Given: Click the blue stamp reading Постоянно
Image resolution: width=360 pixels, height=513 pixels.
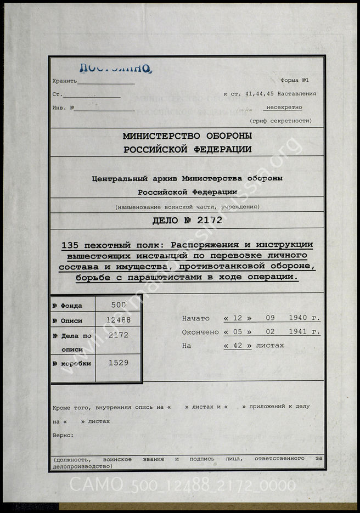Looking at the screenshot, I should [x=115, y=68].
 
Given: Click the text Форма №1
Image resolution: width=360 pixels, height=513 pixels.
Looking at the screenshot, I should [x=298, y=80].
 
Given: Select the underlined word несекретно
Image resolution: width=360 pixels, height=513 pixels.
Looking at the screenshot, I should [x=283, y=108].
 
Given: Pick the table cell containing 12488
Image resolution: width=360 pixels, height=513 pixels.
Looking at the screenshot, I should [x=119, y=320].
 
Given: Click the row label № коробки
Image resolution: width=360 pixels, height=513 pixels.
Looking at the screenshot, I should [x=71, y=363].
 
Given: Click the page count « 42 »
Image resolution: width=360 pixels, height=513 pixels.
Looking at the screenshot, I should [x=238, y=346].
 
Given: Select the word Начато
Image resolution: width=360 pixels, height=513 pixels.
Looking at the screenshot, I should [x=196, y=318].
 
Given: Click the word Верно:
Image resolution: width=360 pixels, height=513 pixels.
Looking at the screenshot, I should [x=63, y=435].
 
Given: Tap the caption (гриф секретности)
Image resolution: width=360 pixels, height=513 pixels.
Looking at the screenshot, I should [x=280, y=121].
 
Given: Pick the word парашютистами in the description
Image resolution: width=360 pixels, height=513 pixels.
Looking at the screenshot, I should [x=167, y=277].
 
